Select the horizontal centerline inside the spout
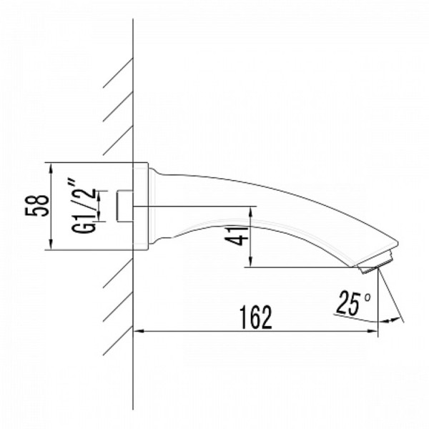click(x=193, y=207)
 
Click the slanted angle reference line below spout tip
click(x=392, y=297)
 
